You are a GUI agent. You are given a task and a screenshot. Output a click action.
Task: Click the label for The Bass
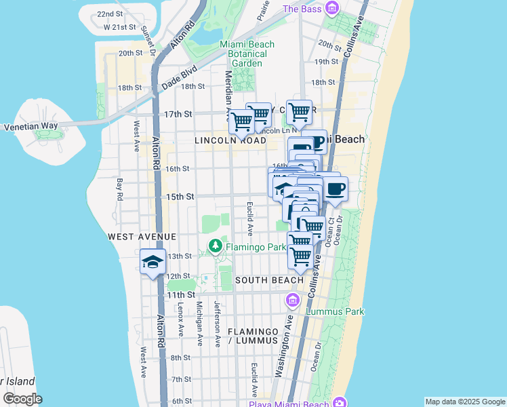tap(301, 9)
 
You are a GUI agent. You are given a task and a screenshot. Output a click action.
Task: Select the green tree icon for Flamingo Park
tap(216, 246)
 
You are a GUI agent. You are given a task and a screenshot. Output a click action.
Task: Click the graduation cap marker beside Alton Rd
tap(153, 262)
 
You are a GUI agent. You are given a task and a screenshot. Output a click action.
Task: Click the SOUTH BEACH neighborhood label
tap(269, 280)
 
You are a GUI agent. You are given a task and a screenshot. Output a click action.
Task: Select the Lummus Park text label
tap(335, 311)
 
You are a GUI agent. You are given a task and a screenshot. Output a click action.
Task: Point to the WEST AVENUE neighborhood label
tap(142, 236)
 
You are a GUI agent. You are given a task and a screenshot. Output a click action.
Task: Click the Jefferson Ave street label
tap(217, 324)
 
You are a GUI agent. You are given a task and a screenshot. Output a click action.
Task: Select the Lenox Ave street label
tap(180, 319)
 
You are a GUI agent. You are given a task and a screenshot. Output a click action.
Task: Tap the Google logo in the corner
tap(23, 398)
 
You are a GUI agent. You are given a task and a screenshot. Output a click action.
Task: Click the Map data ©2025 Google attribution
tap(464, 402)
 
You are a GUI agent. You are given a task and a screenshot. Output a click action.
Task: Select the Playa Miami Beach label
tap(289, 404)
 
